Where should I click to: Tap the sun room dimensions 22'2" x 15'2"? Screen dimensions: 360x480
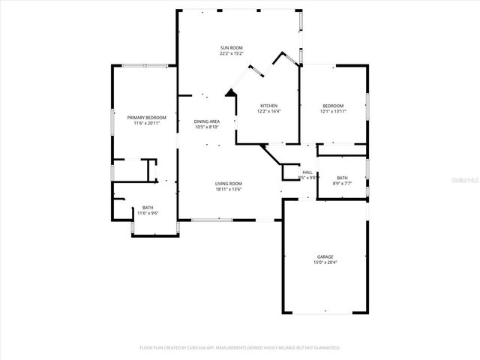tap(231, 52)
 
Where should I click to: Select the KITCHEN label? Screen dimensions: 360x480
tap(269, 106)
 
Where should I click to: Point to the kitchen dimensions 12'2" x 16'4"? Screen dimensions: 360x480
tap(269, 111)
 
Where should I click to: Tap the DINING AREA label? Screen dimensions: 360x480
tap(206, 121)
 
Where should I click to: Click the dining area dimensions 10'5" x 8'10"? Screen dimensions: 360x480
tap(206, 127)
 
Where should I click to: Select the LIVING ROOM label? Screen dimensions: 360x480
tap(229, 183)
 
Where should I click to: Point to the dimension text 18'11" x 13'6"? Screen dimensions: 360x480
tap(229, 188)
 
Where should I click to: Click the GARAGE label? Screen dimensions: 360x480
tap(325, 256)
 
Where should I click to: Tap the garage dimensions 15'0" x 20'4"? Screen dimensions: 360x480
tap(325, 262)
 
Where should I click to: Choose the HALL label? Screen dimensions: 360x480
tap(307, 172)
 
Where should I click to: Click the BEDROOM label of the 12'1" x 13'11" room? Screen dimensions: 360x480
tap(333, 106)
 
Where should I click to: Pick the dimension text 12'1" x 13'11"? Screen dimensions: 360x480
tap(333, 111)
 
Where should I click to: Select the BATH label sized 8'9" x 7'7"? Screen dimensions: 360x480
tap(342, 178)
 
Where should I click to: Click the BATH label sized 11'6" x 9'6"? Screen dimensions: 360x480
tap(148, 208)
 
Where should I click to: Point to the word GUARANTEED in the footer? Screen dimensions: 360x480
tap(325, 348)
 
